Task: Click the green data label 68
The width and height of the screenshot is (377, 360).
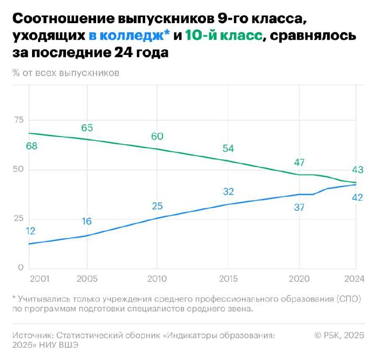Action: click(x=32, y=146)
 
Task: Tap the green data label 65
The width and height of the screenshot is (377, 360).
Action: click(x=87, y=127)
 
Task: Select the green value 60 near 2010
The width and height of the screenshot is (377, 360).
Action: click(x=157, y=136)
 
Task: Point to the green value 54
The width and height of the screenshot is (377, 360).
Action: click(x=228, y=148)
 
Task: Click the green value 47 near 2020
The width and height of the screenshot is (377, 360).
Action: click(x=299, y=163)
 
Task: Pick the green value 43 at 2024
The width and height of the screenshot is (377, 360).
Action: click(x=357, y=170)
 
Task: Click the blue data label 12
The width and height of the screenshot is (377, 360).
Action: click(x=31, y=231)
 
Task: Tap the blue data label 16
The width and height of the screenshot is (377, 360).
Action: click(x=86, y=221)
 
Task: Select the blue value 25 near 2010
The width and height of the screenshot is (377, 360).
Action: click(x=157, y=206)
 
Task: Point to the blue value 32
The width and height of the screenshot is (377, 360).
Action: click(x=228, y=191)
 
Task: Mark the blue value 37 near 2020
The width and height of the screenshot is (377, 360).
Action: click(x=299, y=207)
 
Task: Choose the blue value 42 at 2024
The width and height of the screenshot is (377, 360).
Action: click(x=357, y=197)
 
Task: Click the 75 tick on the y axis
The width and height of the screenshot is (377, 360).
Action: click(x=18, y=120)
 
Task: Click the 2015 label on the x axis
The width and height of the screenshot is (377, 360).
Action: click(x=228, y=278)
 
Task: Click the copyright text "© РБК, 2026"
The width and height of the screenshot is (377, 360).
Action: click(x=339, y=335)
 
